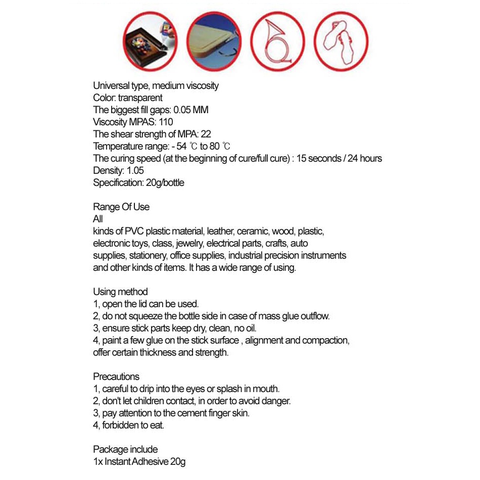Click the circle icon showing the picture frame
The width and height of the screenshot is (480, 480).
click(150, 41)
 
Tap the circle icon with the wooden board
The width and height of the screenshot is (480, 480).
click(213, 41)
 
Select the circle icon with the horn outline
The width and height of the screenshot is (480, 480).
click(278, 41)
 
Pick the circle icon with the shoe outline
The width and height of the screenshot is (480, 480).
click(341, 41)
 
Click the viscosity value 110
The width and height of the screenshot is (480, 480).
click(165, 122)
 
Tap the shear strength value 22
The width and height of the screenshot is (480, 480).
click(206, 134)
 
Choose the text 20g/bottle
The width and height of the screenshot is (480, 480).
click(165, 183)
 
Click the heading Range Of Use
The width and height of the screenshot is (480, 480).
click(121, 207)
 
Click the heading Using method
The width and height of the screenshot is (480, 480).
click(120, 292)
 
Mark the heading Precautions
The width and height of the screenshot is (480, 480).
click(116, 377)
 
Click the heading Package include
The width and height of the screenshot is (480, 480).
click(125, 450)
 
